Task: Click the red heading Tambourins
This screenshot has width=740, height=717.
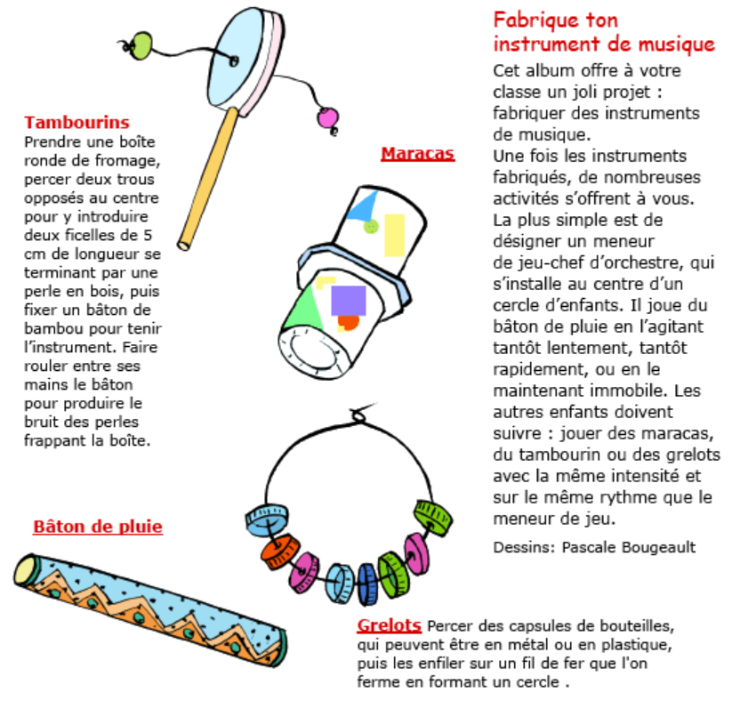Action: pyautogui.click(x=76, y=123)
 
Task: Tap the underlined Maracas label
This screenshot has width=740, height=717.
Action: pyautogui.click(x=417, y=154)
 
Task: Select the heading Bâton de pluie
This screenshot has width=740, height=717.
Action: pyautogui.click(x=98, y=527)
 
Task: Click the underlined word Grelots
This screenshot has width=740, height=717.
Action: pyautogui.click(x=389, y=625)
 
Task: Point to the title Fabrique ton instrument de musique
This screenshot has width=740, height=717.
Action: pyautogui.click(x=603, y=32)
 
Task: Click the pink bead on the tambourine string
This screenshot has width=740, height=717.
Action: pyautogui.click(x=327, y=118)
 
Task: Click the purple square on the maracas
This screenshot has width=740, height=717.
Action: pyautogui.click(x=348, y=300)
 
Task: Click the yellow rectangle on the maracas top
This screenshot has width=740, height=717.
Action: pyautogui.click(x=394, y=232)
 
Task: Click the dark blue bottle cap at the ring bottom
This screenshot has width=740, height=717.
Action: pyautogui.click(x=366, y=583)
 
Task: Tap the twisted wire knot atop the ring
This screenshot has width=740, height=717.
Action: pyautogui.click(x=359, y=414)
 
